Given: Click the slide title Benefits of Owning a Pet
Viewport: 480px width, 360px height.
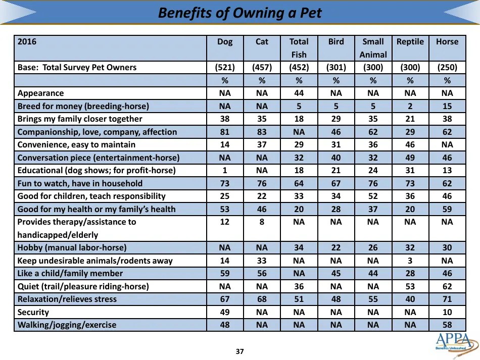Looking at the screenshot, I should pos(239,13).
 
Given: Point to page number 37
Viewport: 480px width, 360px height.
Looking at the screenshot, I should pos(240,351).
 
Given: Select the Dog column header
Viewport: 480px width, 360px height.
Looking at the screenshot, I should pos(225,42).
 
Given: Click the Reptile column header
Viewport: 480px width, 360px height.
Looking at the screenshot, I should pos(410,42).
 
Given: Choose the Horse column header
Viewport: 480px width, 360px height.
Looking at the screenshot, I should pos(447,42).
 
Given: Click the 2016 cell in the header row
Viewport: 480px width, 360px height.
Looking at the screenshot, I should pos(27,42).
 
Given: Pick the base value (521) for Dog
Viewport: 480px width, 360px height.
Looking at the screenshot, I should pos(225,68).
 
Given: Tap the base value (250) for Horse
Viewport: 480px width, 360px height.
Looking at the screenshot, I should pos(447,68).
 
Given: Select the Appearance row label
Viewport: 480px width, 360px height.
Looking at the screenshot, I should pos(41,93).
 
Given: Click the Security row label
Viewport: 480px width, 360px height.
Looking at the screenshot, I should pos(33,313).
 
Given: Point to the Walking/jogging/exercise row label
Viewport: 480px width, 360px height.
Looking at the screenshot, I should pos(67,325).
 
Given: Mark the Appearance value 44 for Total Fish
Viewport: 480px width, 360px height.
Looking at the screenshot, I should pos(299,93).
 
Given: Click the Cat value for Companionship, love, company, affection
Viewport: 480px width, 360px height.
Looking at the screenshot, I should pos(262,132).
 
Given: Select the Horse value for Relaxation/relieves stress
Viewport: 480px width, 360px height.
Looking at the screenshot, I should pos(447,299).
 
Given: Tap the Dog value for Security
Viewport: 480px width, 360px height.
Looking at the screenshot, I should pos(225,313).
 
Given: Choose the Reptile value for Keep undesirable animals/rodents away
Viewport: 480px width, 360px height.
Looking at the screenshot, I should pos(410,261).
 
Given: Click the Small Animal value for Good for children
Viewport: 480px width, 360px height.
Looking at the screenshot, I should pos(373,196).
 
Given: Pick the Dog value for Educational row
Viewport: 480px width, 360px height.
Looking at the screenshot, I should pos(225,171).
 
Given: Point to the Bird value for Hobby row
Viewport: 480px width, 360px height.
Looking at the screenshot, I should pos(336,248).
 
